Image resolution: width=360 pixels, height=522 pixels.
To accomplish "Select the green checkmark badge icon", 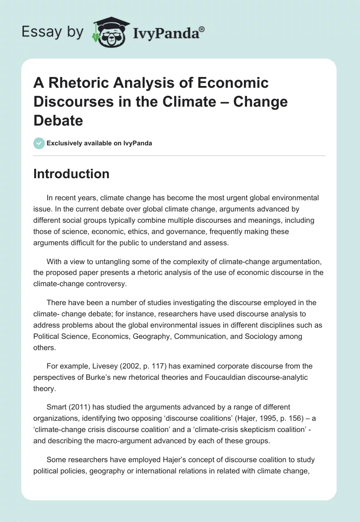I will pyautogui.click(x=39, y=143).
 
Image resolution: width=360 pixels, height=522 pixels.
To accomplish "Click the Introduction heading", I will pyautogui.click(x=71, y=174).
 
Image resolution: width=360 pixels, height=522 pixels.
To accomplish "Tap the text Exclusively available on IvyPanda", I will pyautogui.click(x=99, y=143).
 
